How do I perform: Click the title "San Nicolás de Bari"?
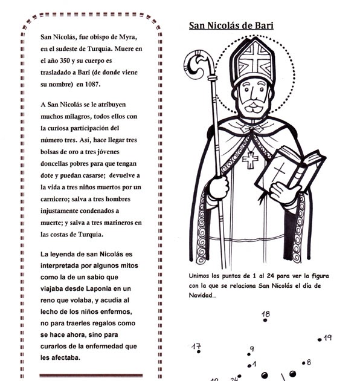point(231,25)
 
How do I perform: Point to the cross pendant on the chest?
point(249,159)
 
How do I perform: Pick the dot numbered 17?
point(199,351)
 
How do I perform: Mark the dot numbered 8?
point(301,364)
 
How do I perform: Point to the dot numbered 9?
point(249,355)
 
